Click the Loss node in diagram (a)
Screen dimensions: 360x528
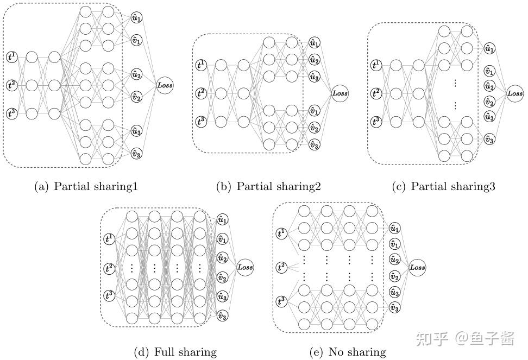(165, 85)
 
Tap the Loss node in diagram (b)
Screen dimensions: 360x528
(340, 93)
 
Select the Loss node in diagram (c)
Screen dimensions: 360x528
(515, 93)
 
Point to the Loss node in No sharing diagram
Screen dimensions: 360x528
(417, 267)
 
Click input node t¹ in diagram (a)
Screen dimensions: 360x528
(11, 56)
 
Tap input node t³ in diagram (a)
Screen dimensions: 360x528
(11, 113)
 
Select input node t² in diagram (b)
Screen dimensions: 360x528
(201, 93)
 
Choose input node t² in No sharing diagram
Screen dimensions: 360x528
(281, 267)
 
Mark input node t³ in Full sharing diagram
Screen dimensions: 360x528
(110, 296)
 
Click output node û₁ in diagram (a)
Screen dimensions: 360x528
(136, 17)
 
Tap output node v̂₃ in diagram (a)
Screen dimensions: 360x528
(136, 154)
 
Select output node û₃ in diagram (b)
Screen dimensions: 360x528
(314, 77)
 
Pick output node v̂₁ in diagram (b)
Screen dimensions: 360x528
(314, 111)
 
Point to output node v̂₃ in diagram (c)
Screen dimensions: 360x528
(489, 140)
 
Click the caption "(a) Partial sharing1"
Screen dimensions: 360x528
(86, 187)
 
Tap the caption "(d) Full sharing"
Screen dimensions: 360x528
(175, 352)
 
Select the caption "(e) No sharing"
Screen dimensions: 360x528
(348, 352)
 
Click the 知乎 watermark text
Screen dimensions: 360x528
(432, 339)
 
